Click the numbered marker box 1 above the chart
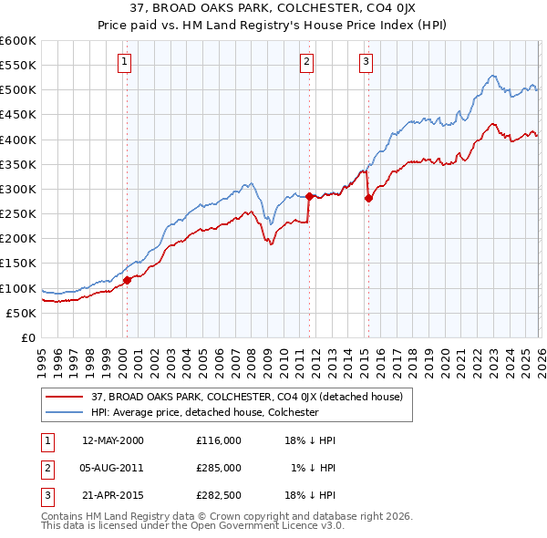click(124, 62)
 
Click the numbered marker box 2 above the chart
click(306, 62)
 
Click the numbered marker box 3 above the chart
click(366, 62)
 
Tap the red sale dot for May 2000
click(128, 280)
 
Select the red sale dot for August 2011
click(309, 196)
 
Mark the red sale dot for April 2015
click(368, 198)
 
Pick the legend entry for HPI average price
click(204, 412)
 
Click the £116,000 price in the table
click(218, 440)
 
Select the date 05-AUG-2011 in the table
click(113, 469)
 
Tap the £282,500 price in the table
click(218, 497)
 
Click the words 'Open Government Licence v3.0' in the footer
click(264, 526)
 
